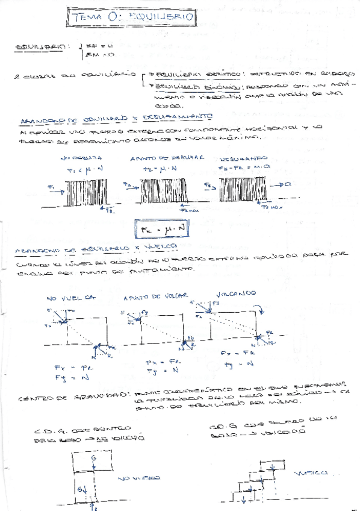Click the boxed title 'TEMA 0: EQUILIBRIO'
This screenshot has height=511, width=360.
coord(131,19)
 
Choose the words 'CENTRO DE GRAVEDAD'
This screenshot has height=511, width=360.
coord(53,397)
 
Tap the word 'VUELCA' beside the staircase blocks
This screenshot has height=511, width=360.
coord(314,474)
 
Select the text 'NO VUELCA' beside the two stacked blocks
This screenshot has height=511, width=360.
coord(140,478)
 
